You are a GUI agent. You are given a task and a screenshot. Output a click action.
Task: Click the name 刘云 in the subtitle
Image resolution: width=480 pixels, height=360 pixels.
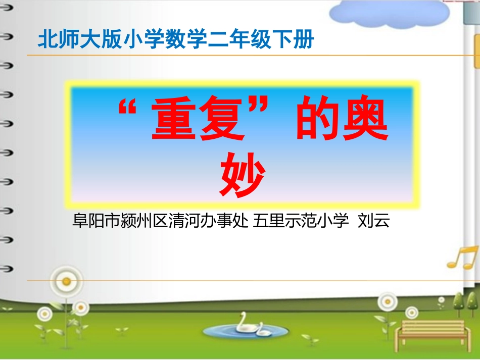point(373,221)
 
